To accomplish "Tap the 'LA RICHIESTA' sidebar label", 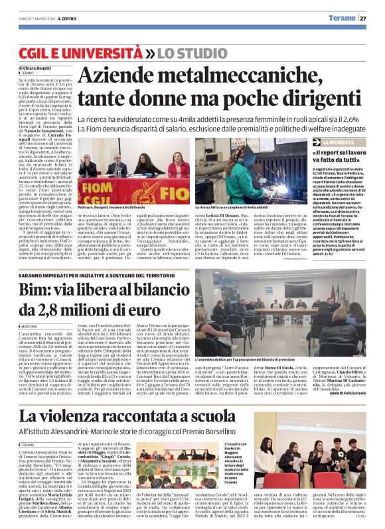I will (339, 142).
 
